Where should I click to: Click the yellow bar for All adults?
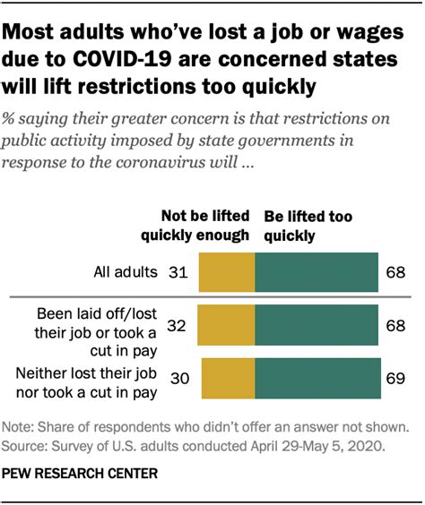point(226,271)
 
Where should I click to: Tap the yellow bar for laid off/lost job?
point(225,327)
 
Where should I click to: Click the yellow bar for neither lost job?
point(229,379)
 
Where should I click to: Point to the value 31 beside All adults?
point(178,271)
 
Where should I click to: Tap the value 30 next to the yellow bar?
point(178,379)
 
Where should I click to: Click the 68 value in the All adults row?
point(394,271)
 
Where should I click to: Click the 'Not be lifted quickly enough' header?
point(194,226)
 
